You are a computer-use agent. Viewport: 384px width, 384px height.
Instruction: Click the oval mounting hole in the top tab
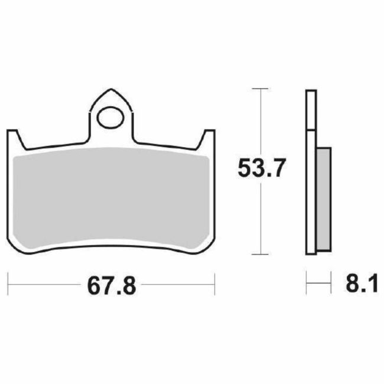click(110, 118)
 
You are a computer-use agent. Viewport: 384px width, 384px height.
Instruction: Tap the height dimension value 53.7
click(262, 170)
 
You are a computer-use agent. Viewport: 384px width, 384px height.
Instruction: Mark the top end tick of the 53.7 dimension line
click(258, 89)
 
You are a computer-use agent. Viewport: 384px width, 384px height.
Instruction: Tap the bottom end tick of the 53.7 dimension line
click(258, 255)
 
